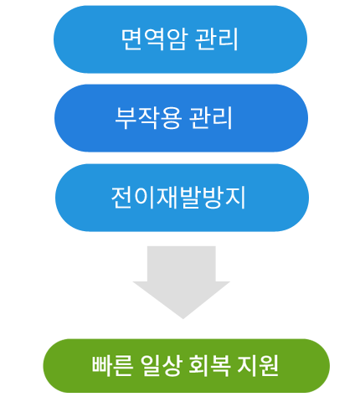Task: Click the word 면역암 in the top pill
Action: (x=154, y=39)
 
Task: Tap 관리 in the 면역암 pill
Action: (x=216, y=39)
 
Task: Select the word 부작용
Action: (x=148, y=118)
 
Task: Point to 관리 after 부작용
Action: (x=211, y=118)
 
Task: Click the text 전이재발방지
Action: (x=178, y=198)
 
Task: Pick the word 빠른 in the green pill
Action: (x=112, y=365)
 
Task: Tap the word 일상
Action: (x=161, y=365)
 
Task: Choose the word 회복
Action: (x=210, y=365)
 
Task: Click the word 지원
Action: (x=258, y=365)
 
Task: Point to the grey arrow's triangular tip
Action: (x=183, y=318)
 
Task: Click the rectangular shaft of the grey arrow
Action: (x=182, y=264)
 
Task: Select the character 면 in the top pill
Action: (x=132, y=39)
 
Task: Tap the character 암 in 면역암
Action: (x=176, y=39)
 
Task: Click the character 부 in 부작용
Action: (x=126, y=118)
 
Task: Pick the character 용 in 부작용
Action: (x=171, y=118)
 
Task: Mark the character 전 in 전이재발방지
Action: (x=122, y=198)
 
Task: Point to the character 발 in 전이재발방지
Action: (x=189, y=198)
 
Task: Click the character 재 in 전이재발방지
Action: (x=167, y=198)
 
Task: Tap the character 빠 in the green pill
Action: (x=101, y=365)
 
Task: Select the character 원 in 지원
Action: (x=269, y=365)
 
